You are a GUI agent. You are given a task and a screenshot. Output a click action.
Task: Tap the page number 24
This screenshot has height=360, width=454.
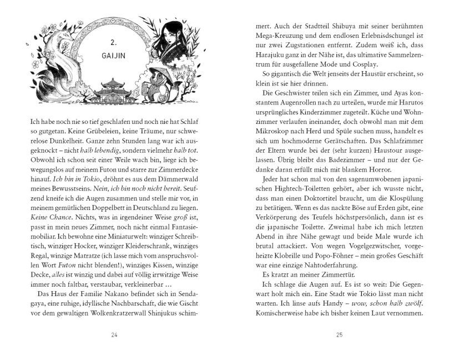[114, 334]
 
